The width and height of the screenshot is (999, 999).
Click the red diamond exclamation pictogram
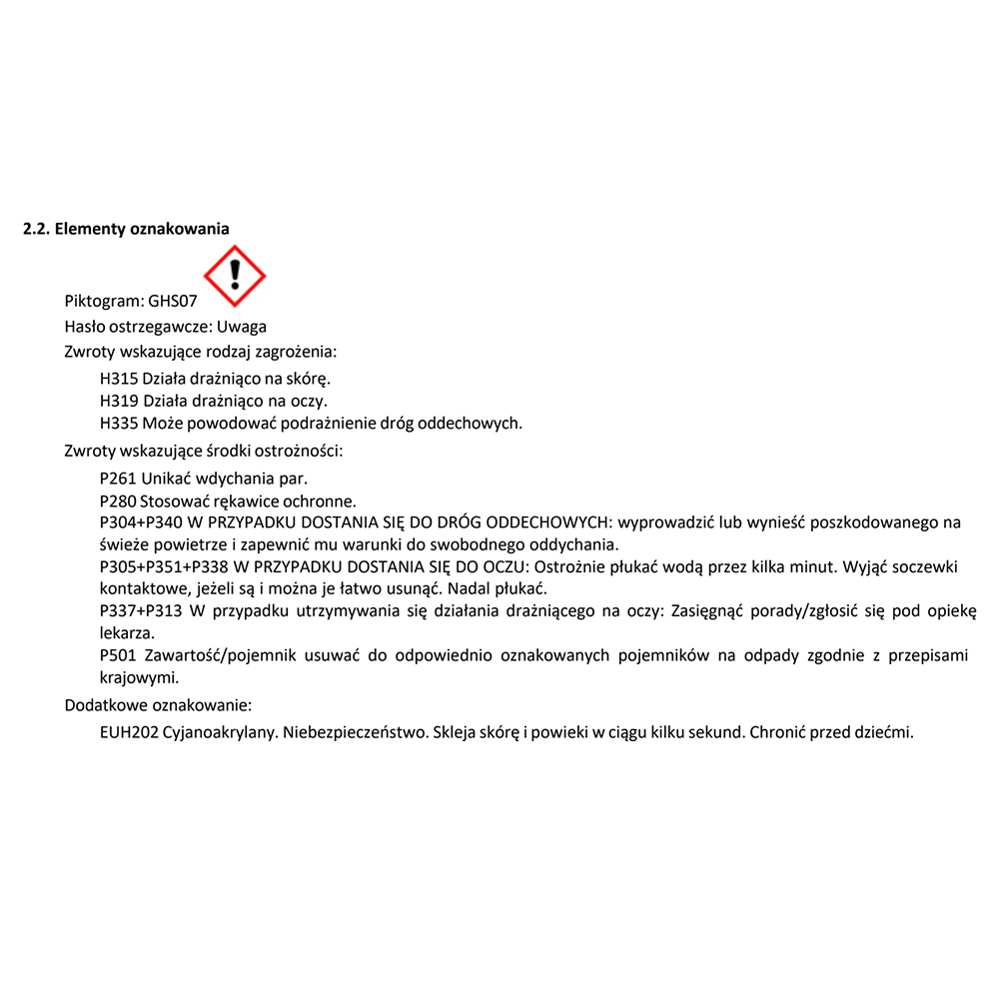[x=235, y=276]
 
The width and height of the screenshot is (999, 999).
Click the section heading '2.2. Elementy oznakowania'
[x=126, y=229]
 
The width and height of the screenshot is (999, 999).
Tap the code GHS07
[x=173, y=301]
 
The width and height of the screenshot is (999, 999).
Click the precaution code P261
[x=119, y=479]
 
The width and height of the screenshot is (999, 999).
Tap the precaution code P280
[x=119, y=500]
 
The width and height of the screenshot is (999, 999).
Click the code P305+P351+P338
[x=165, y=566]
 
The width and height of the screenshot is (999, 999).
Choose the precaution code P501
[x=119, y=656]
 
